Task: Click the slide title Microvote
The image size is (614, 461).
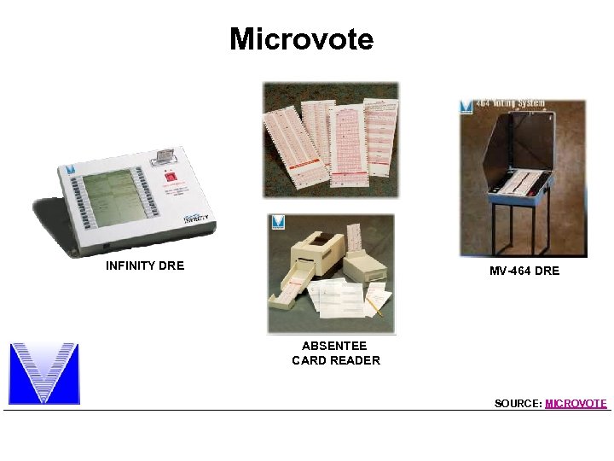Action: pos(301,39)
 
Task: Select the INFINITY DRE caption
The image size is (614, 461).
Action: pos(145,266)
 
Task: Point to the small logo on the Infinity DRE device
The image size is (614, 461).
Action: pos(72,170)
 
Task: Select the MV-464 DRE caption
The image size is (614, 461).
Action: pos(524,271)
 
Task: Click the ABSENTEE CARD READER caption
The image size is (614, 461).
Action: pos(335,353)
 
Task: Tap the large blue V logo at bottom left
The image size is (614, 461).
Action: pos(43,373)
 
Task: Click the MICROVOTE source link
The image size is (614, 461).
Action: pos(576,403)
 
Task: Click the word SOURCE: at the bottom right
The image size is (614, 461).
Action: pos(518,403)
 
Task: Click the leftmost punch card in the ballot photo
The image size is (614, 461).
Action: pos(281,141)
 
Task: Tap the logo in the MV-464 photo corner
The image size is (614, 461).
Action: pos(466,107)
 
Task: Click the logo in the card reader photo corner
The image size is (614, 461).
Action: pos(277,222)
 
